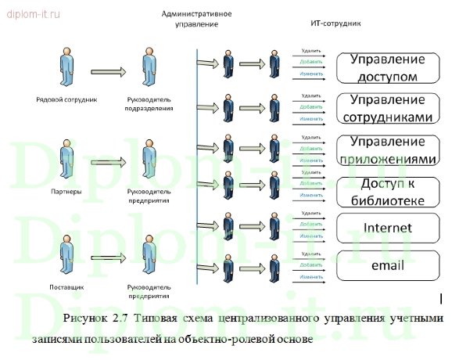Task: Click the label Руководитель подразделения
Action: (x=149, y=105)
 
